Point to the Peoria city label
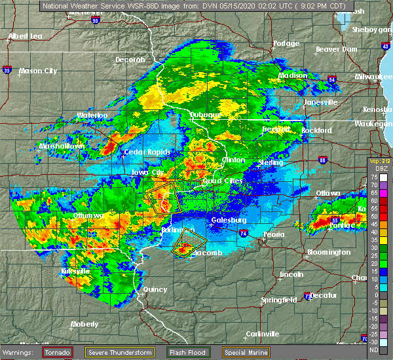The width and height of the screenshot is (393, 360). pos(274,234)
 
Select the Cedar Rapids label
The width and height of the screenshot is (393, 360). pos(147,153)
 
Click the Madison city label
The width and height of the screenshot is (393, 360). pos(293,75)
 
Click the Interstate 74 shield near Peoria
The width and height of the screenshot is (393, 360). pos(243,232)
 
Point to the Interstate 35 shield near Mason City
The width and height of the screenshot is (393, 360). pos(7,69)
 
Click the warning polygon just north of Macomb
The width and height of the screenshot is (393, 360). pos(187,242)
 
